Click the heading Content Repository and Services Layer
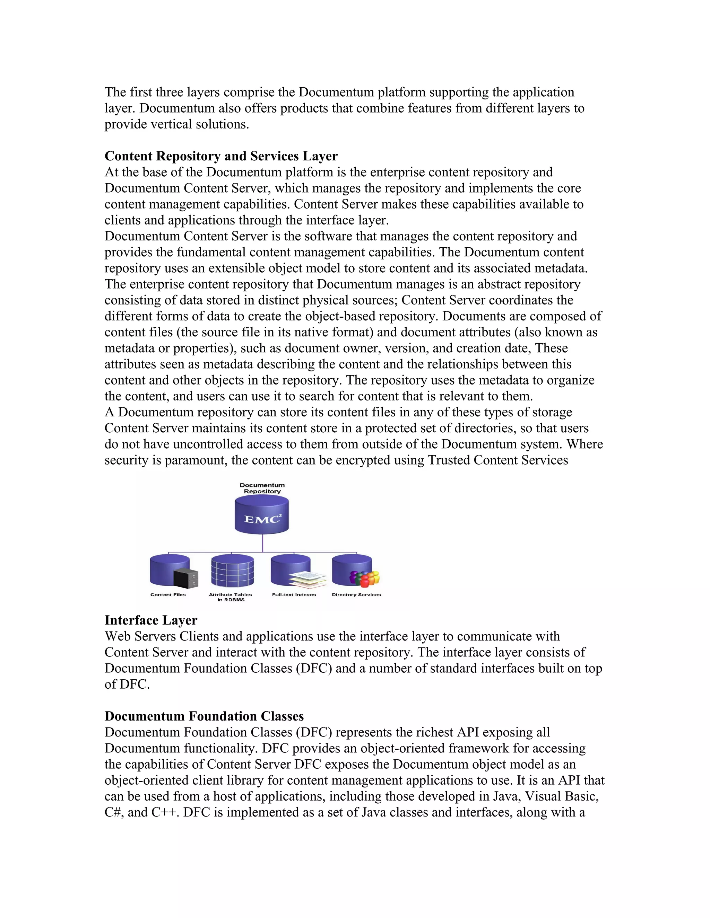click(221, 156)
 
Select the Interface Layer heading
click(150, 620)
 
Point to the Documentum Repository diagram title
click(262, 488)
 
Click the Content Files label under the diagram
click(168, 594)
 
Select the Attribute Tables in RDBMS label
click(231, 597)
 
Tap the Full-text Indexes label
click(294, 594)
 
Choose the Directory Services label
click(356, 594)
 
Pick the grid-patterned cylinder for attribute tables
click(232, 571)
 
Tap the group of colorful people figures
click(365, 578)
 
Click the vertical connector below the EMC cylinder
click(262, 543)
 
